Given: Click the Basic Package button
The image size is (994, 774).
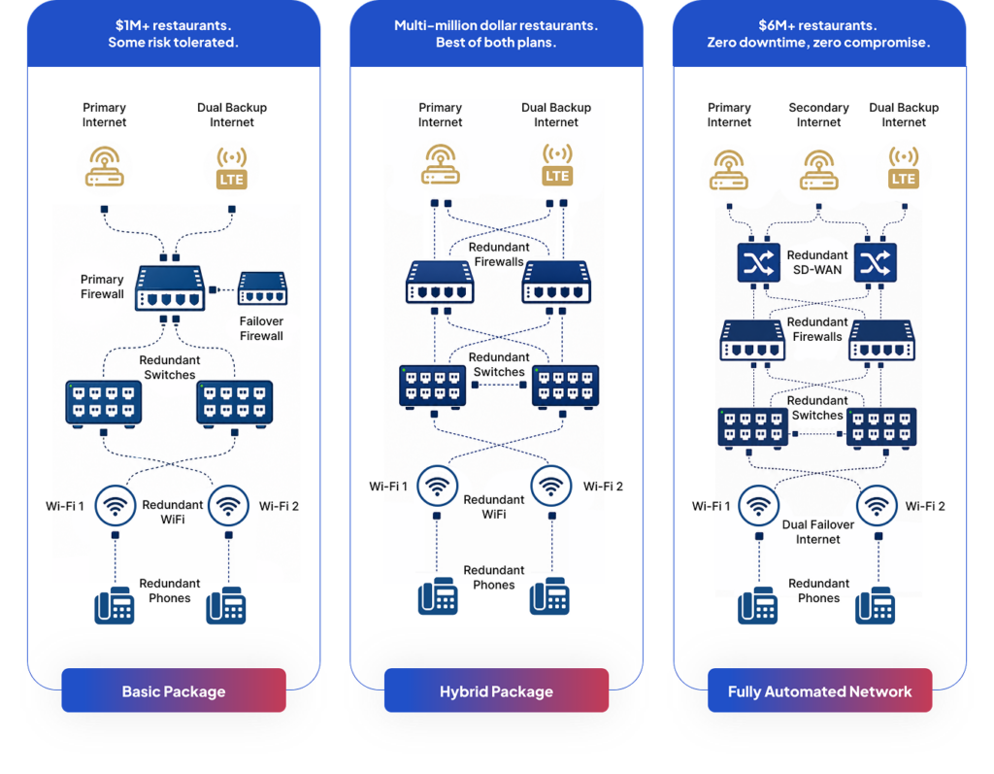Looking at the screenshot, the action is [174, 690].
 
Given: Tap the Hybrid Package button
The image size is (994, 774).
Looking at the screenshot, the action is [496, 690].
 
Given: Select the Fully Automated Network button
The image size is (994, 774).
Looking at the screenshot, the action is [819, 690].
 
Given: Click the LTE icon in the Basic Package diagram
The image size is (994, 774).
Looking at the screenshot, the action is [231, 169].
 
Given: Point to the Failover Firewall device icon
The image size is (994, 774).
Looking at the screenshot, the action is [262, 288].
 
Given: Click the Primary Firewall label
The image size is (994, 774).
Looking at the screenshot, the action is [102, 286].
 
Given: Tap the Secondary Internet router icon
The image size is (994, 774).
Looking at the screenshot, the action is [818, 170].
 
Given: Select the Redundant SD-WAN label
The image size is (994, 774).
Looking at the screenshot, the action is [817, 262].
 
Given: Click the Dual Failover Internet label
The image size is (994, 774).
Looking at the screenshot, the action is [817, 531].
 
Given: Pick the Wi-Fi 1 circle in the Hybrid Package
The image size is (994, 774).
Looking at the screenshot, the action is [438, 486].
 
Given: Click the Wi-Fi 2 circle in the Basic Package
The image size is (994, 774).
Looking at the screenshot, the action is [228, 506].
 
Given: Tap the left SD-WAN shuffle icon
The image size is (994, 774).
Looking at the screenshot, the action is [759, 262].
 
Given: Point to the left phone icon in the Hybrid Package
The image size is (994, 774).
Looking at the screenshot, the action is [438, 595].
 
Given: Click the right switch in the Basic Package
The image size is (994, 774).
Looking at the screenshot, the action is [235, 403].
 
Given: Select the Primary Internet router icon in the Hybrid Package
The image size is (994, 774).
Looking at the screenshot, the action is [441, 164].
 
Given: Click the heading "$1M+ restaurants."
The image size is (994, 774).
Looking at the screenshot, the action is [173, 25].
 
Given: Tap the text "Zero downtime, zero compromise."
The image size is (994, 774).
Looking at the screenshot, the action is [818, 43].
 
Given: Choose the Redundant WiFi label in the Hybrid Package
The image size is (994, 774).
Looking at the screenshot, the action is [494, 507].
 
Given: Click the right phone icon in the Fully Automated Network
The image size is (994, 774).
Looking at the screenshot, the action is [875, 605].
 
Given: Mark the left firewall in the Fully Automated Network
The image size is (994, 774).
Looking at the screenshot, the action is [752, 341].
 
